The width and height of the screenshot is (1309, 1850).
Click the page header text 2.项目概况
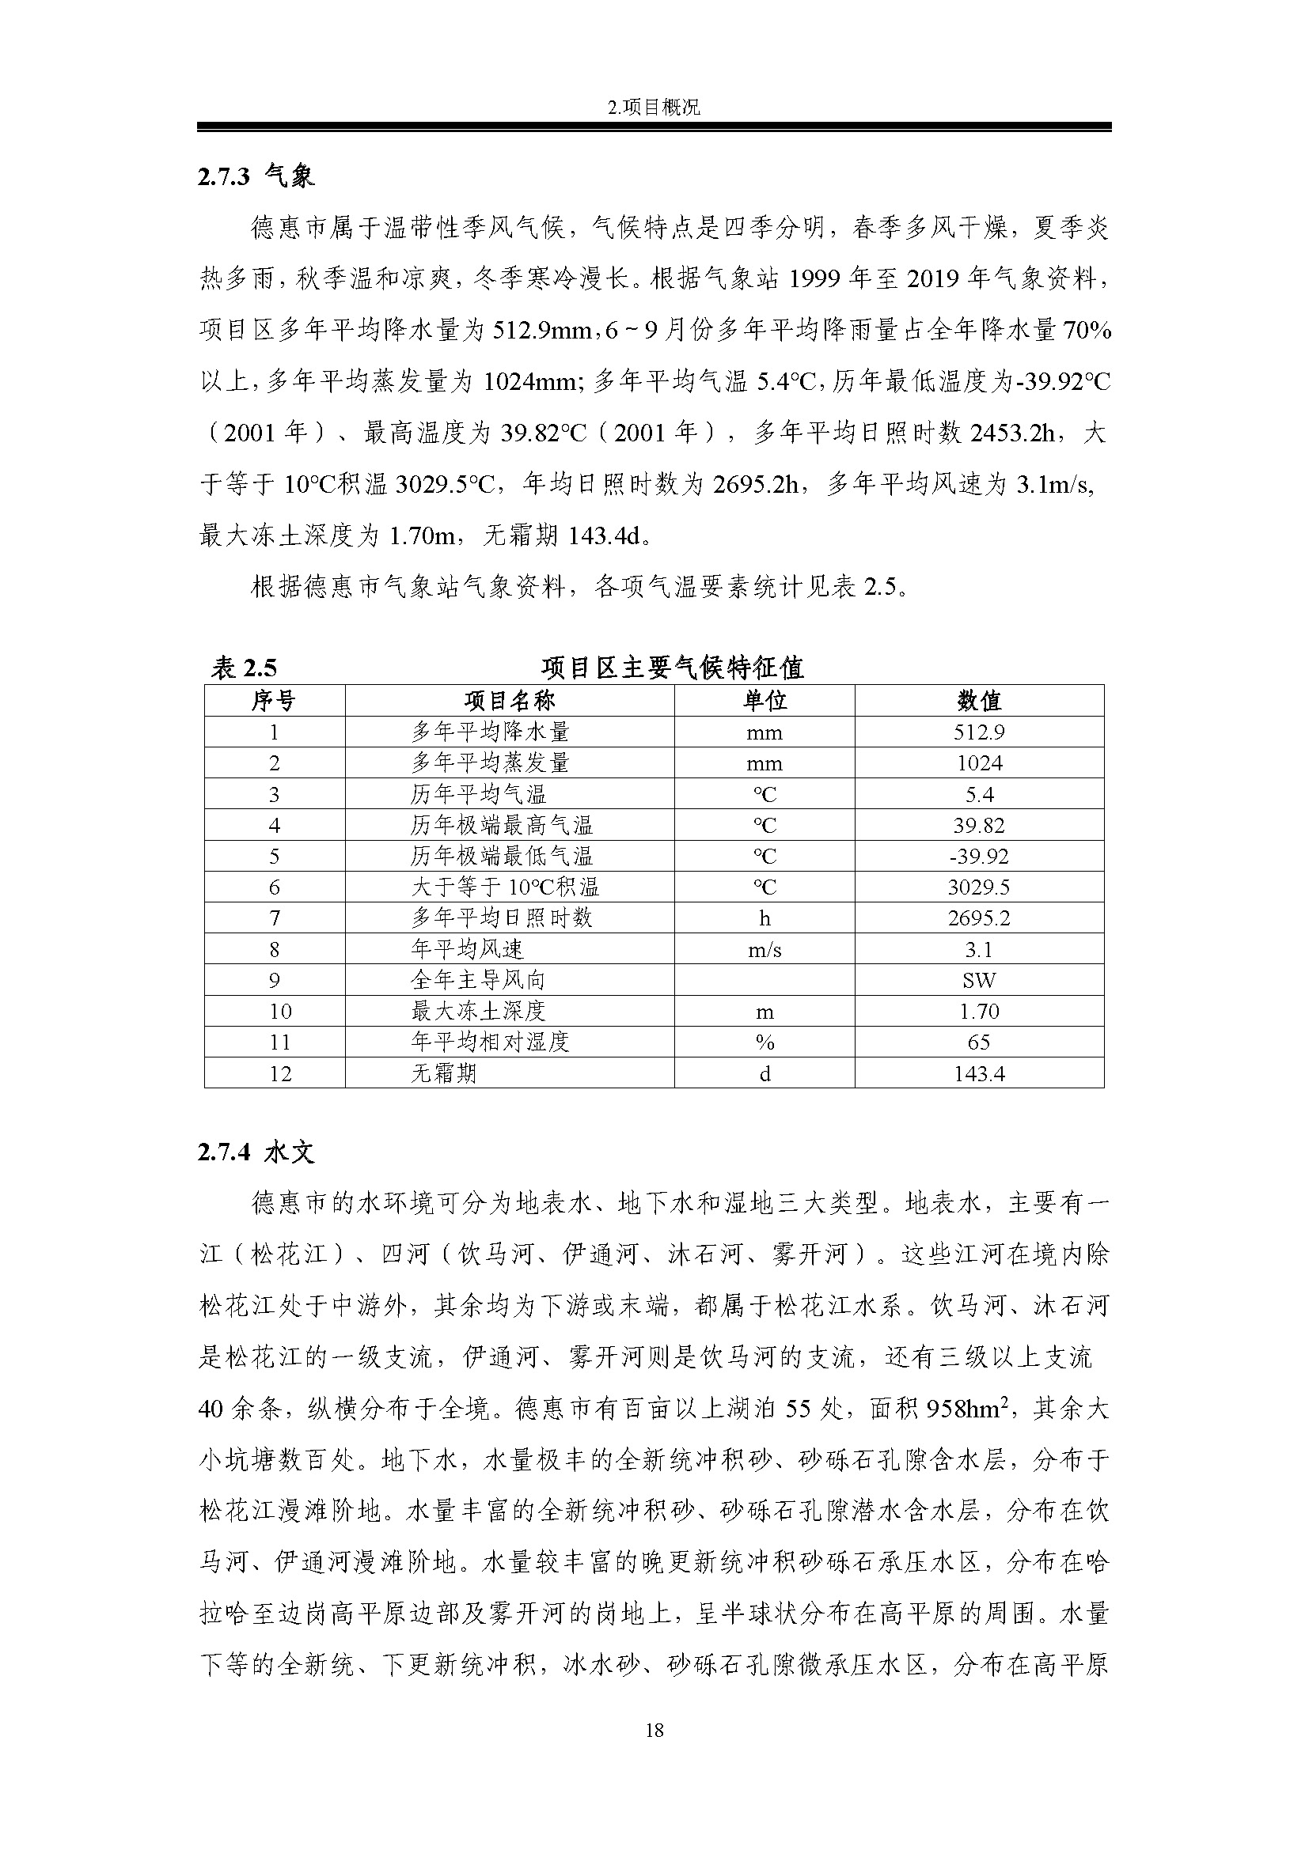click(654, 107)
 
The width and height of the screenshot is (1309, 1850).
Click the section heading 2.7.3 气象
click(256, 176)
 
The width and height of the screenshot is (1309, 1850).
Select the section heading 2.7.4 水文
click(256, 1152)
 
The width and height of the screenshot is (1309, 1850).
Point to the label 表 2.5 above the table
click(244, 668)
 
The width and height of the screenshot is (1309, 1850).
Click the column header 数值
click(978, 700)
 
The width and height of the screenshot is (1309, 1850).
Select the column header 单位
click(765, 700)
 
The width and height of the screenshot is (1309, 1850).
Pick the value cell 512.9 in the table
click(978, 732)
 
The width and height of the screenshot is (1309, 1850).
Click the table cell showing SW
click(978, 980)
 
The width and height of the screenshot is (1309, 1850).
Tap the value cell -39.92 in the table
click(978, 856)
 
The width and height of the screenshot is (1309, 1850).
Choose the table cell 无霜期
click(443, 1073)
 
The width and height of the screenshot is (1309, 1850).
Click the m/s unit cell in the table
click(765, 950)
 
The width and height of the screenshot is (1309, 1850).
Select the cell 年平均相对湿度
click(490, 1042)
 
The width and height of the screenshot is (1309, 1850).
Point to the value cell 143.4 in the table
click(978, 1073)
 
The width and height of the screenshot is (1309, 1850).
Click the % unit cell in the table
click(765, 1042)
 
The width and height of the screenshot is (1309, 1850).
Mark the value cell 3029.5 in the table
click(978, 887)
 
